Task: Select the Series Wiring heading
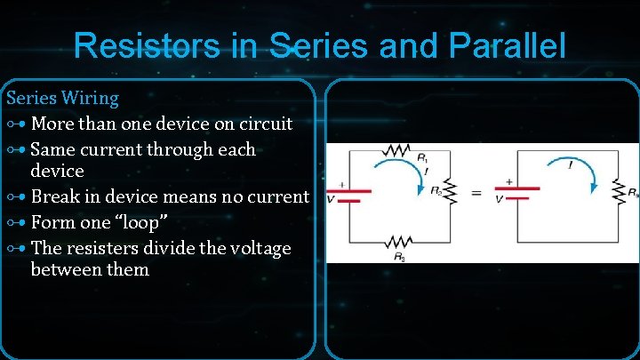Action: pos(62,97)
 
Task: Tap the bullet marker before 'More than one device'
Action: pos(17,123)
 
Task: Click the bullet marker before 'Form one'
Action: pos(17,223)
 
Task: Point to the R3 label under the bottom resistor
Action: pos(399,258)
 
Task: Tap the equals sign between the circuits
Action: pos(475,192)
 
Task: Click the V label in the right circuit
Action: pos(499,199)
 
